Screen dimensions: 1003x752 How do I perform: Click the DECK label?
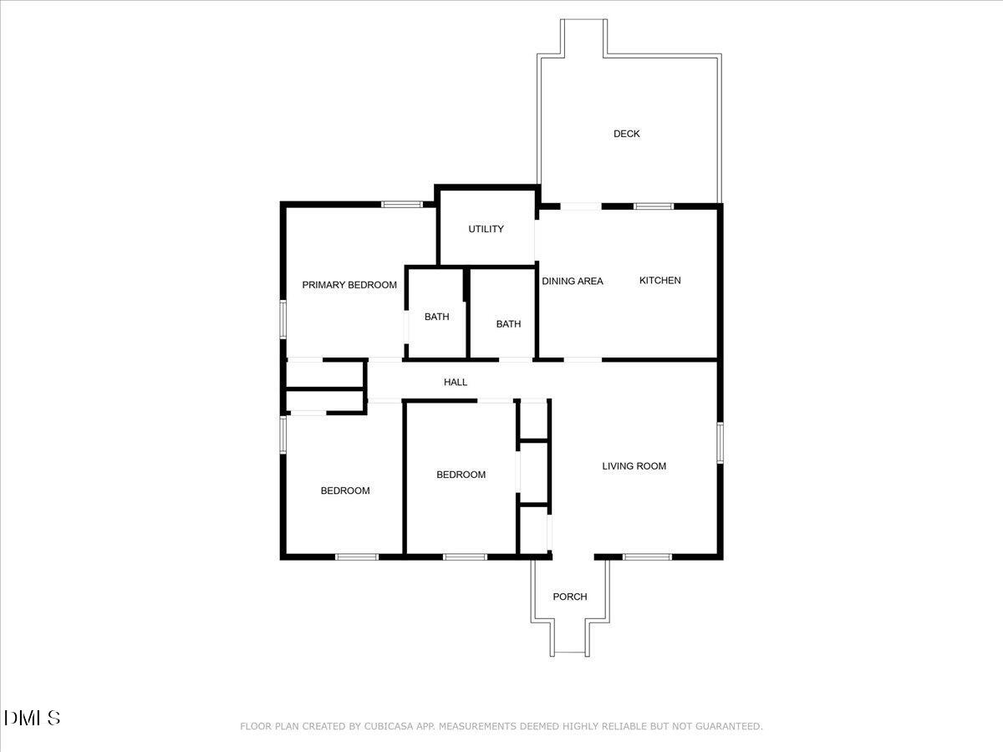pos(627,134)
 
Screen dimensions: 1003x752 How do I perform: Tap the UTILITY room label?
pos(486,229)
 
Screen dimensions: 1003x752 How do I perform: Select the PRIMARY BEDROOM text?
pos(349,285)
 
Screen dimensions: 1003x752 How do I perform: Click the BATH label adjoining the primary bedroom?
pos(437,317)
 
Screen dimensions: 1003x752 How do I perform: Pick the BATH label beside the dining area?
pos(508,323)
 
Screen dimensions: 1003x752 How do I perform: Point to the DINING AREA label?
pos(573,282)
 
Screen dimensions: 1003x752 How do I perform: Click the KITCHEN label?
pos(659,281)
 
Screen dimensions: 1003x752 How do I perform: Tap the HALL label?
pos(456,382)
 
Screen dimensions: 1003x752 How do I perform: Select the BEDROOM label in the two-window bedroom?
pos(345,490)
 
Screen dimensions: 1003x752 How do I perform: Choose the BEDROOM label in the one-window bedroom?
pos(461,475)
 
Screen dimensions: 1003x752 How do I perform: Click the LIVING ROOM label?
pos(634,466)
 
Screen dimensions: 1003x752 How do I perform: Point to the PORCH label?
pos(570,597)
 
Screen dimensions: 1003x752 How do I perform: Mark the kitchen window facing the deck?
pos(654,206)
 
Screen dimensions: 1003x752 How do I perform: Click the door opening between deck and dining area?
pos(581,206)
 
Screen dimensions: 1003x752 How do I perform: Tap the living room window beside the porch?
pos(647,557)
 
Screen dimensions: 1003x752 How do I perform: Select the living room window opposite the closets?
pos(720,443)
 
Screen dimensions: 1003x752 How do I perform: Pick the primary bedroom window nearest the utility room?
pos(402,205)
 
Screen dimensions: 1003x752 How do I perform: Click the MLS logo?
pos(32,719)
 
